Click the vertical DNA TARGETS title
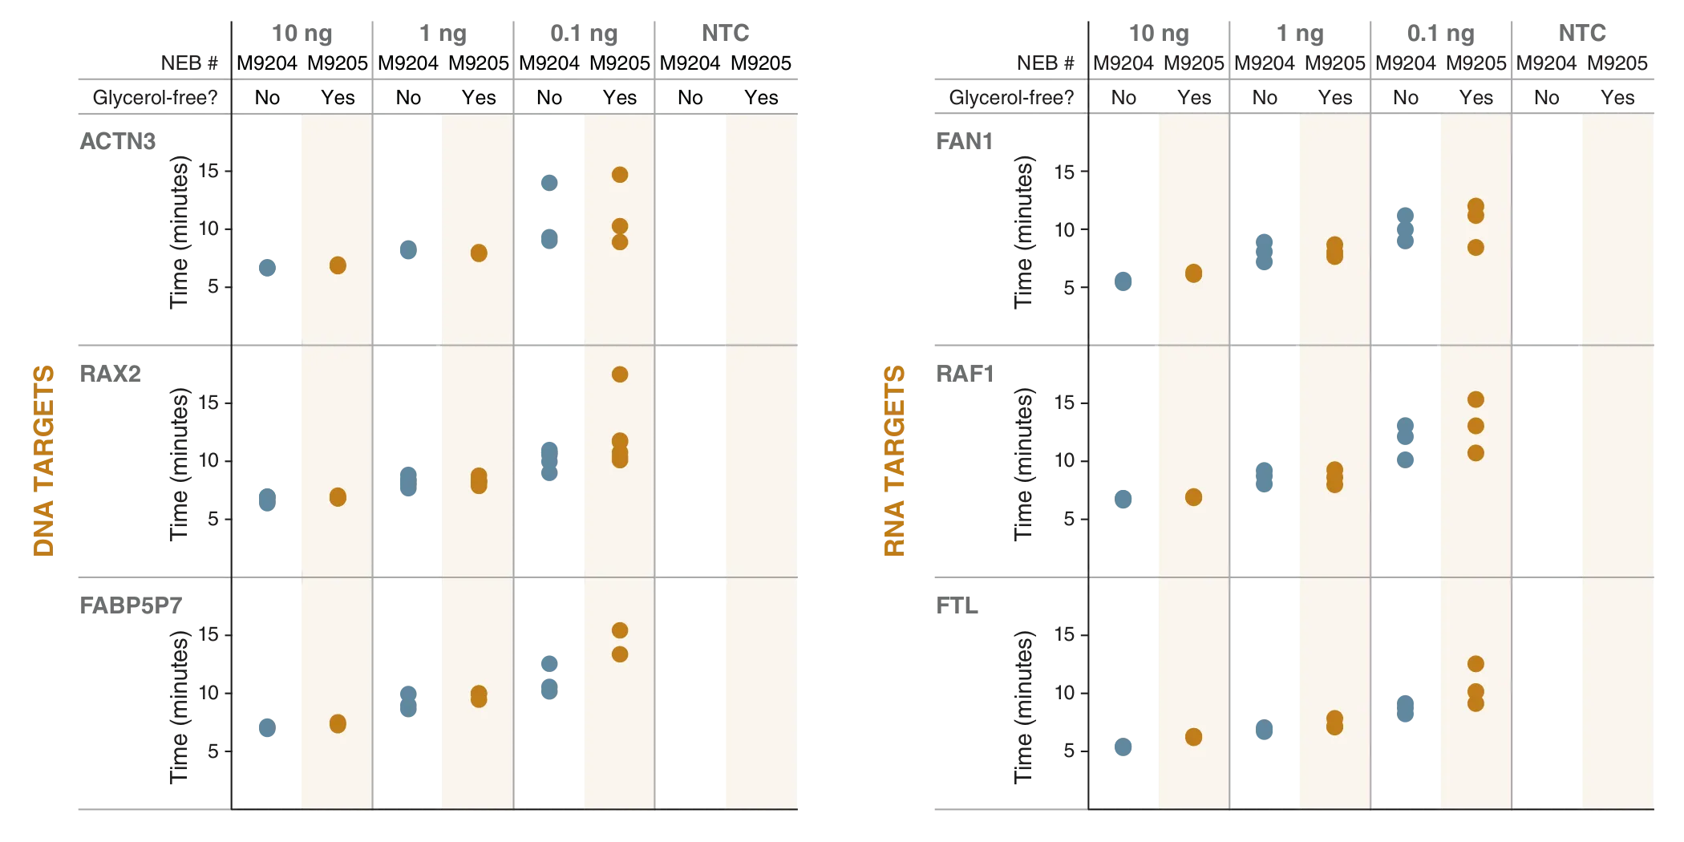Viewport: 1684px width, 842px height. click(46, 461)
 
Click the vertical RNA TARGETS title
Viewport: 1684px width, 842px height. click(893, 461)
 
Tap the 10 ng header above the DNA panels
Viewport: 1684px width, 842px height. click(302, 34)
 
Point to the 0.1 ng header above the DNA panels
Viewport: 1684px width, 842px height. click(584, 34)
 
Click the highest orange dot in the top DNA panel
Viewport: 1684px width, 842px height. click(619, 174)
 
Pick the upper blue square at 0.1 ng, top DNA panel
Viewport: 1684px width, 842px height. click(548, 183)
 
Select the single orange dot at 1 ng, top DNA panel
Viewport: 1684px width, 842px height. click(479, 253)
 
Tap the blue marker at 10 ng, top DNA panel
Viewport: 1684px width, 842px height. click(266, 268)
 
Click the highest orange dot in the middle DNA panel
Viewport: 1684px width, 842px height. click(619, 374)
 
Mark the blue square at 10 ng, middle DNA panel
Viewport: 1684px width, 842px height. click(266, 500)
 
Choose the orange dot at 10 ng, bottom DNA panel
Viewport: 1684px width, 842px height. click(338, 723)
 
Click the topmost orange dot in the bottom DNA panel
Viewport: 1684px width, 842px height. click(619, 629)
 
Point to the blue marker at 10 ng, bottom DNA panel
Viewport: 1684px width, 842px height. click(266, 727)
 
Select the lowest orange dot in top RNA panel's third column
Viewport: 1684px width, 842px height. click(1476, 247)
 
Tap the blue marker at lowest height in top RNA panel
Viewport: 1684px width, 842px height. click(1123, 281)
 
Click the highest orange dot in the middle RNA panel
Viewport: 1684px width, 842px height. click(1476, 399)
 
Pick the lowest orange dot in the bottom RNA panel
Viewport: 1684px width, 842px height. click(1193, 736)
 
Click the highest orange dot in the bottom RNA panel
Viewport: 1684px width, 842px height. click(1476, 663)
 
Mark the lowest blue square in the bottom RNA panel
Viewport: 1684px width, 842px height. click(1123, 747)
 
